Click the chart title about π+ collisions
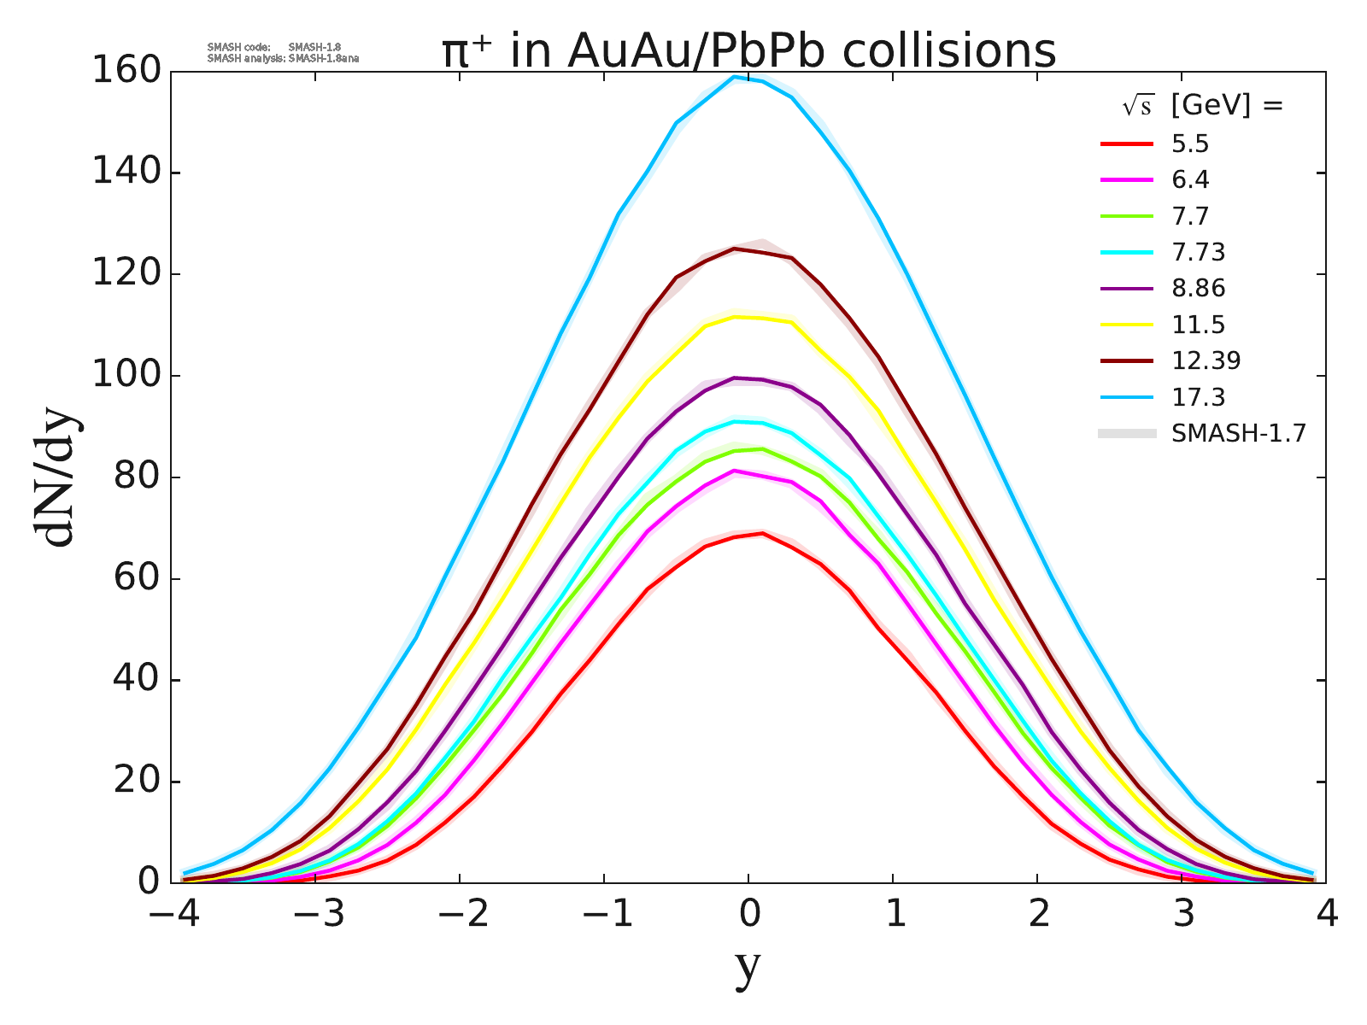[748, 51]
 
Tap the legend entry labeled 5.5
[1190, 144]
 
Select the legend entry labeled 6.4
[1190, 180]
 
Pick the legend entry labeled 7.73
[1198, 253]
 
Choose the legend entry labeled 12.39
[1206, 360]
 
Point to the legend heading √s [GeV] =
[1203, 106]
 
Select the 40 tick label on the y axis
[137, 681]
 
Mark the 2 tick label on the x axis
[1037, 915]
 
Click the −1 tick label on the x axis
[607, 915]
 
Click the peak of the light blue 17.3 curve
[734, 77]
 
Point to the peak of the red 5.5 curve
[762, 533]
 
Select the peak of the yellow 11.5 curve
[735, 317]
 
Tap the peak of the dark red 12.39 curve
[733, 249]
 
